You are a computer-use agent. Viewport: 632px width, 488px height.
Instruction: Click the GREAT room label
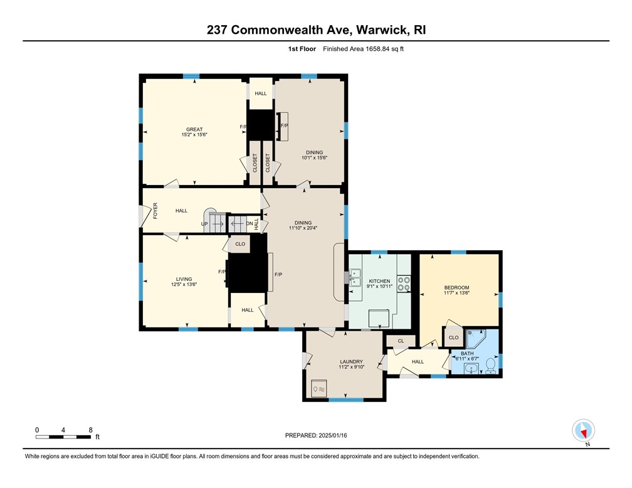point(194,129)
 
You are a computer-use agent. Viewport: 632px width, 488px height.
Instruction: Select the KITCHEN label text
point(379,281)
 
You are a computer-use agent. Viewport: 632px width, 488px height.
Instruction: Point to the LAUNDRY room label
point(352,361)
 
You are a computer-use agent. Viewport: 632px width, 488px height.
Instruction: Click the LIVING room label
point(184,279)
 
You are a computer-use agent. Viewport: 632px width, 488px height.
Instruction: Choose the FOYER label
point(155,211)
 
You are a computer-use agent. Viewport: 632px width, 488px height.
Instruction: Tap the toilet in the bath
point(492,364)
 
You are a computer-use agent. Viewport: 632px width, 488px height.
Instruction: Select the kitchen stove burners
point(403,284)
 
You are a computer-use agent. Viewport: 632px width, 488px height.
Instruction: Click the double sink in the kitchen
point(355,274)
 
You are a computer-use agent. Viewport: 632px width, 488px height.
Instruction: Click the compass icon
point(584,431)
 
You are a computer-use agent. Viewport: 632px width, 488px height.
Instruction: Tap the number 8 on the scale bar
point(91,430)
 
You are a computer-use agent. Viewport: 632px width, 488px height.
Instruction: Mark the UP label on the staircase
point(204,223)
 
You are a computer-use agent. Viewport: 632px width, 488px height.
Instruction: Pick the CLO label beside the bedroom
point(453,337)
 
